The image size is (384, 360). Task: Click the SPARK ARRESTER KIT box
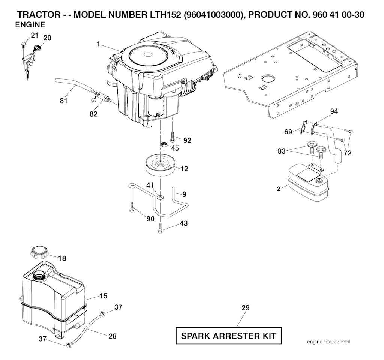click(229, 336)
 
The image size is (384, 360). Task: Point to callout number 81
click(64, 101)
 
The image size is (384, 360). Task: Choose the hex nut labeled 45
click(164, 144)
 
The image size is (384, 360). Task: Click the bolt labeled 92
click(172, 137)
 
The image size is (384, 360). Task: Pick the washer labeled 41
click(160, 197)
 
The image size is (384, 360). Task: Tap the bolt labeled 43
click(160, 229)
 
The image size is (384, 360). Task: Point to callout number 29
click(246, 307)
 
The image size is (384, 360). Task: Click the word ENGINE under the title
click(30, 24)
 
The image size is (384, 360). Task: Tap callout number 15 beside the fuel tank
click(103, 296)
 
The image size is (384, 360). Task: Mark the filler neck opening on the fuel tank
click(39, 275)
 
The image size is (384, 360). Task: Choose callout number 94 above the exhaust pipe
click(334, 111)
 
